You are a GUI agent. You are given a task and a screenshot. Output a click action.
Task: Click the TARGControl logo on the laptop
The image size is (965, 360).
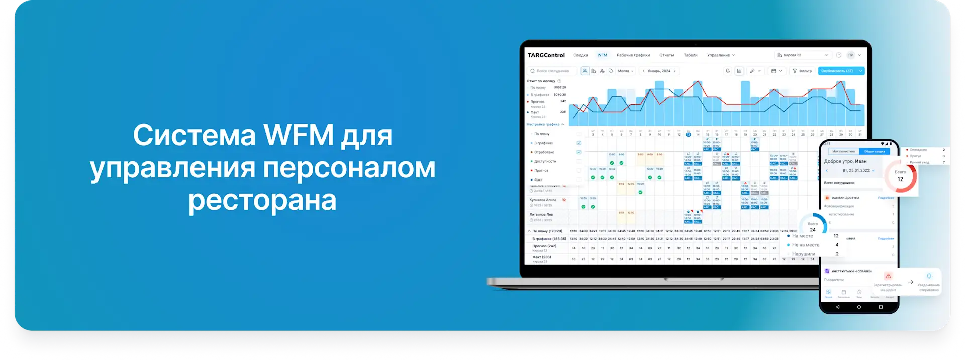[x=546, y=55]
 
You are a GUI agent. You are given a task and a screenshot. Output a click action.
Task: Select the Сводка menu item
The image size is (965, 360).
[x=581, y=55]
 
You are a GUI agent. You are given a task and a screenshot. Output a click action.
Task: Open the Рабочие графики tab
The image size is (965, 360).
[x=633, y=55]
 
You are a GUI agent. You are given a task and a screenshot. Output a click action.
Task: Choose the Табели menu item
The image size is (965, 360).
[x=690, y=55]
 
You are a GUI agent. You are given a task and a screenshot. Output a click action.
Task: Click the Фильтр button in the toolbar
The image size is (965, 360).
[x=802, y=71]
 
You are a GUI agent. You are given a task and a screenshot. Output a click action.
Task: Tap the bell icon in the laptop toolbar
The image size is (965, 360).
[x=727, y=71]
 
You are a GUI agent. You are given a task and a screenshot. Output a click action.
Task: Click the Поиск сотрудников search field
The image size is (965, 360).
[x=552, y=71]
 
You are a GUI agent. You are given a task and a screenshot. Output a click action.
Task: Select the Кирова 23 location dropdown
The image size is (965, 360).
[x=802, y=55]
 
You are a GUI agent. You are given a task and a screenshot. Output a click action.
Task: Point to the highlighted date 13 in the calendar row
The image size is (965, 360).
[x=688, y=134]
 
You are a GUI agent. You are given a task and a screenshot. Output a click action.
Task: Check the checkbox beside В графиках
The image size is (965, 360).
[x=578, y=143]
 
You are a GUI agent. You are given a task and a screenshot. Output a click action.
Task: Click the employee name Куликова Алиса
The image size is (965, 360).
[x=543, y=200]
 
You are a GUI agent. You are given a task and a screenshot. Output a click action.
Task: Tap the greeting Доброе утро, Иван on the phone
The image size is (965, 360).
[x=845, y=161]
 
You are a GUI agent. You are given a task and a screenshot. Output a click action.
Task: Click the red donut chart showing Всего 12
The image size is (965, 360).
[x=900, y=176]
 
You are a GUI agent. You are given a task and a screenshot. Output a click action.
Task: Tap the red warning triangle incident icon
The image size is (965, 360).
[x=888, y=276]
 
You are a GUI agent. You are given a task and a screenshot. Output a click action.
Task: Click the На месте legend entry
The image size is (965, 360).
[x=802, y=236]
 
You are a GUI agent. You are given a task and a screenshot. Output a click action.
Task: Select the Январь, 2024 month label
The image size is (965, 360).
[x=659, y=71]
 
